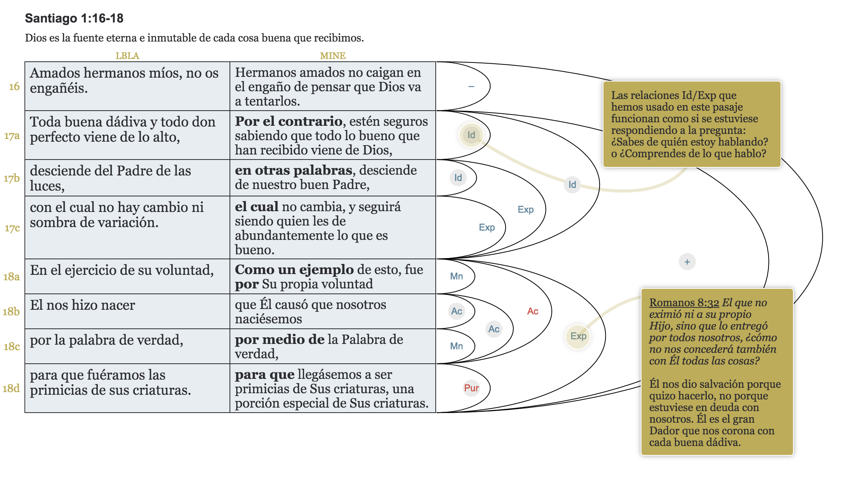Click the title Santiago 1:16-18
pyautogui.click(x=74, y=18)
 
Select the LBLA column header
pyautogui.click(x=127, y=56)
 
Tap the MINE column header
pyautogui.click(x=332, y=56)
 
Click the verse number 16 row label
pyautogui.click(x=14, y=86)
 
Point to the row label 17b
pyautogui.click(x=12, y=178)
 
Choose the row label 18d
pyautogui.click(x=11, y=388)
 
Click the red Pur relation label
pyautogui.click(x=471, y=388)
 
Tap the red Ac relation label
pyautogui.click(x=532, y=311)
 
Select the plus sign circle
pyautogui.click(x=687, y=262)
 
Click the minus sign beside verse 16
pyautogui.click(x=471, y=86)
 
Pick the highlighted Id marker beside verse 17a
pyautogui.click(x=471, y=135)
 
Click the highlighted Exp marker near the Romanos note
pyautogui.click(x=578, y=336)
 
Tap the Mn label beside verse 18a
pyautogui.click(x=456, y=276)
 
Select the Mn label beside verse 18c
pyautogui.click(x=456, y=346)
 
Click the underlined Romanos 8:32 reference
pyautogui.click(x=684, y=303)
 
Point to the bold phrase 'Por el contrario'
pyautogui.click(x=289, y=121)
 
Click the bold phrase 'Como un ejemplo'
pyautogui.click(x=294, y=270)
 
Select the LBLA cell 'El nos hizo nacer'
pyautogui.click(x=83, y=305)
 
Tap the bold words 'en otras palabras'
pyautogui.click(x=294, y=170)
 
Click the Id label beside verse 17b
pyautogui.click(x=458, y=178)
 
